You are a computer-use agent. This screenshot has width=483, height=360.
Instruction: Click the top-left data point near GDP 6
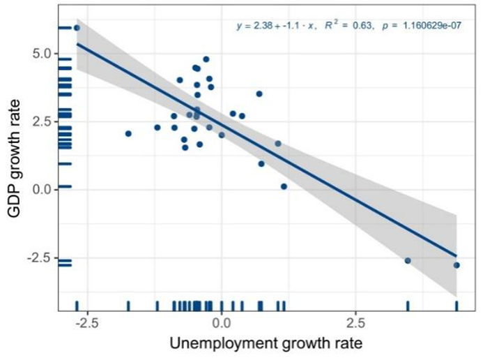(x=77, y=28)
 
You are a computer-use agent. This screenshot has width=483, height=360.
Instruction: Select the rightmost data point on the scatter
(x=457, y=265)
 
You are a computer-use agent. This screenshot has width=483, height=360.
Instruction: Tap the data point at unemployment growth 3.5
(x=408, y=260)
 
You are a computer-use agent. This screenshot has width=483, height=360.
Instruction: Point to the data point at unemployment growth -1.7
(x=128, y=133)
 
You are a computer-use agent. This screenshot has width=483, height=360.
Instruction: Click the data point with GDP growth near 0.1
(x=284, y=186)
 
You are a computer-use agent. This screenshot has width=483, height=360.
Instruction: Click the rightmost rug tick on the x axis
(x=457, y=306)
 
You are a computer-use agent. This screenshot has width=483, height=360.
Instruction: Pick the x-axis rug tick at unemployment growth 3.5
(x=408, y=306)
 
